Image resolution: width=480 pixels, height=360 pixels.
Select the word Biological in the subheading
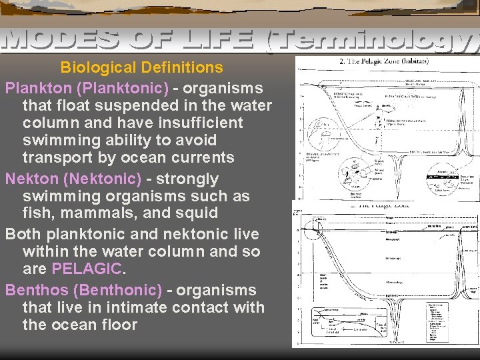point(99,67)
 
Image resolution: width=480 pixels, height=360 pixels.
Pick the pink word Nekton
point(30,179)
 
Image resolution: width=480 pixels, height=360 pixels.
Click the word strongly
point(187,179)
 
